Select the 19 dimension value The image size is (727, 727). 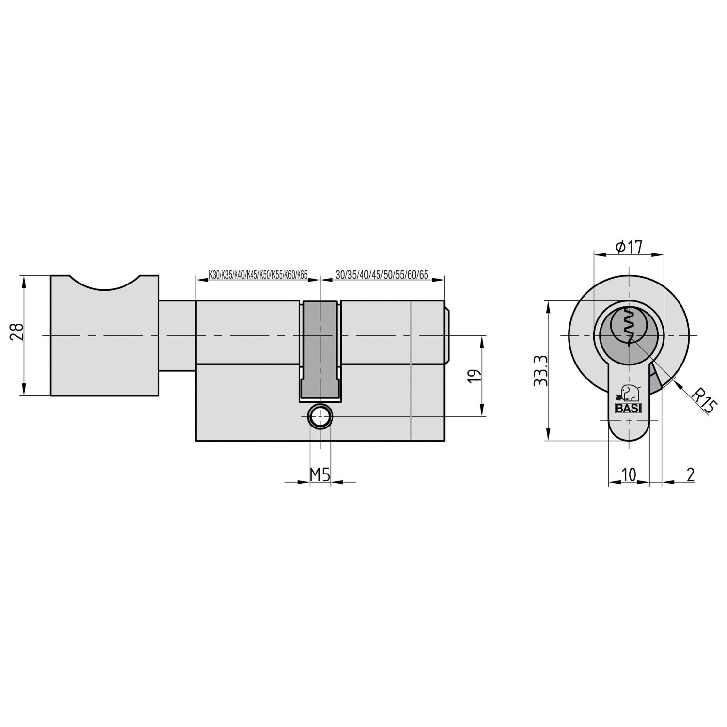(x=475, y=376)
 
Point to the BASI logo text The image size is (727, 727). (x=629, y=408)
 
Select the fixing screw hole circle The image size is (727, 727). (x=320, y=416)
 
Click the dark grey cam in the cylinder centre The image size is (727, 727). (x=320, y=349)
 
